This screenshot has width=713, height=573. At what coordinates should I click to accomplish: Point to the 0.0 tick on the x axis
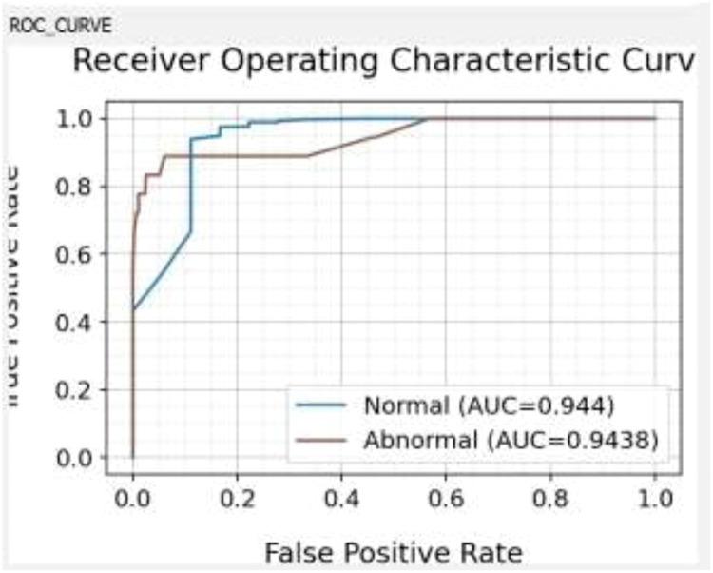132,500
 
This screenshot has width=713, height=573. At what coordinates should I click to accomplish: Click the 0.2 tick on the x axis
237,500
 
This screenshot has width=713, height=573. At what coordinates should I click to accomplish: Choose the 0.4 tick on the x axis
341,500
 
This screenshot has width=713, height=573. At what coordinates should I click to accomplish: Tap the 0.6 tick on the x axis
446,500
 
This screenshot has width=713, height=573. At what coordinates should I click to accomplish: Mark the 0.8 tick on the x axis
550,500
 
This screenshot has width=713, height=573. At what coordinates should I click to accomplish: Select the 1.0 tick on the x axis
655,500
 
